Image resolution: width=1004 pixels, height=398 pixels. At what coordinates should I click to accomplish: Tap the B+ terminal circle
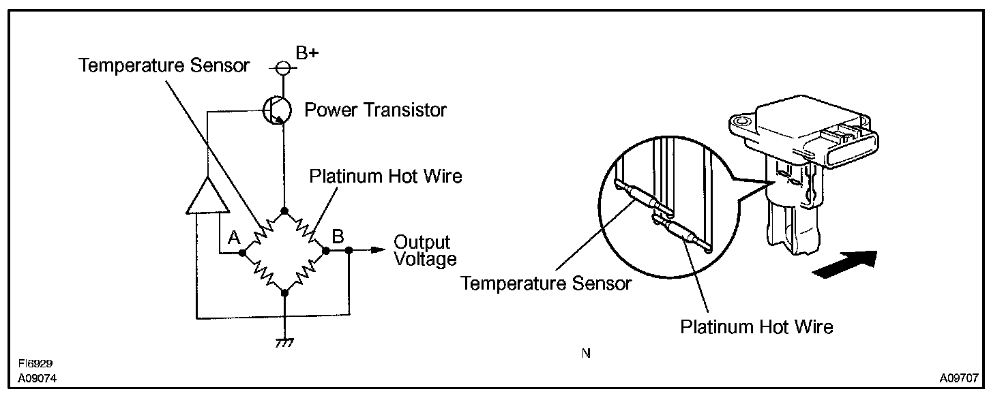(x=283, y=67)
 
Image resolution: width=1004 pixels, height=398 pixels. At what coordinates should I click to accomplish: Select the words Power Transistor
(x=375, y=109)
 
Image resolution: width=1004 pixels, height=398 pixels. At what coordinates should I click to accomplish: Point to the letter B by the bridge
(x=338, y=236)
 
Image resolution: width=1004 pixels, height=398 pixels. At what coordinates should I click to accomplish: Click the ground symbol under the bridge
(x=284, y=341)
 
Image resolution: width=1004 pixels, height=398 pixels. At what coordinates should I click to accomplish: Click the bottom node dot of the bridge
(x=284, y=292)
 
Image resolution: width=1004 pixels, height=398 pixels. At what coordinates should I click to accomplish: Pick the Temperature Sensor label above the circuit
(x=164, y=65)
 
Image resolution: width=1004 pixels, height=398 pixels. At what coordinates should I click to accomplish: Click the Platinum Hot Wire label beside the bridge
(x=385, y=176)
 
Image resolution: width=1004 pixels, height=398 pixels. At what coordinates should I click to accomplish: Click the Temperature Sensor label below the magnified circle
(x=546, y=283)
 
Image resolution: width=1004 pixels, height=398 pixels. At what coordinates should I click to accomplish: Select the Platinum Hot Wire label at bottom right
(x=756, y=326)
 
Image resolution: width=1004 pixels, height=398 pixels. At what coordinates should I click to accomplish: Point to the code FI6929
(x=35, y=365)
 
